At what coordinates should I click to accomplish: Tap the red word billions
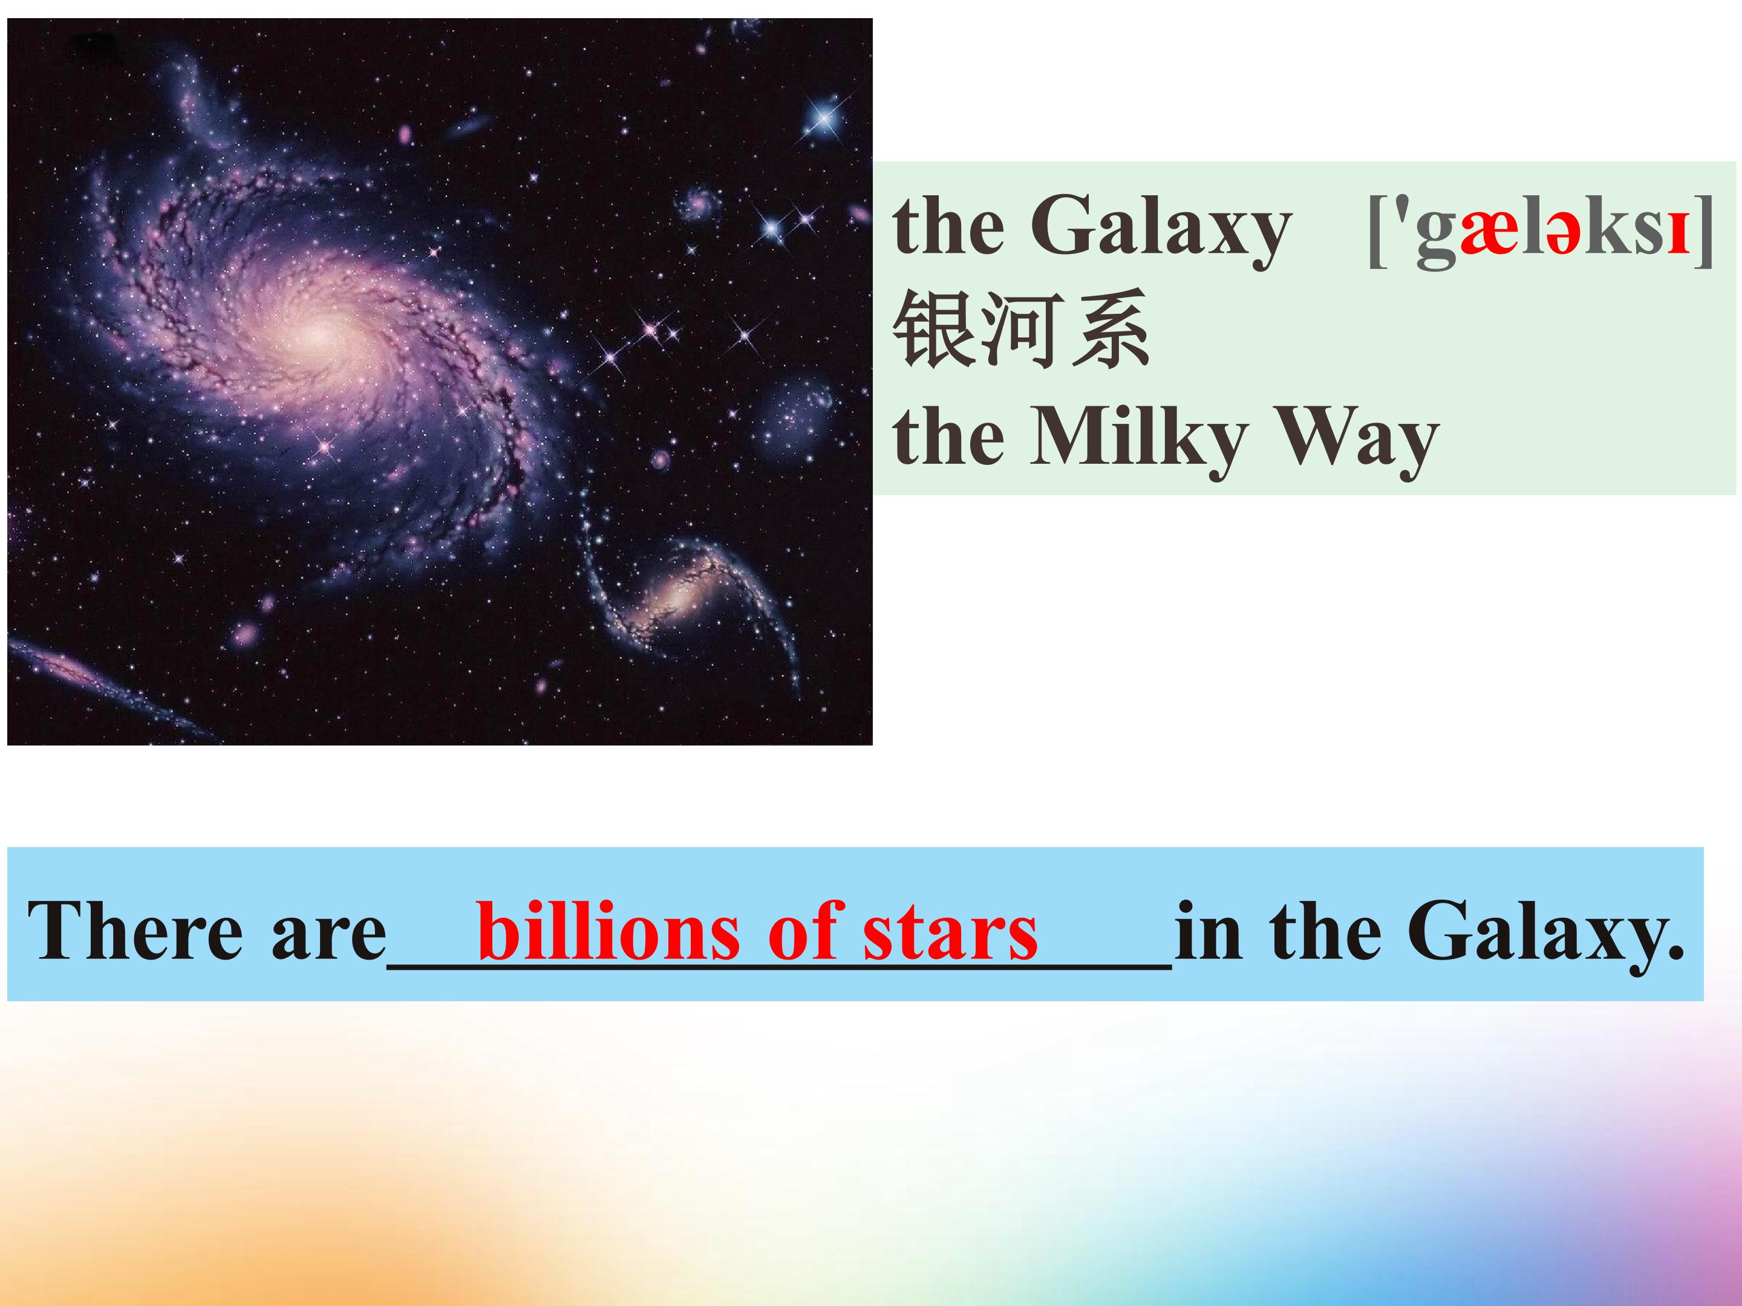[x=608, y=931]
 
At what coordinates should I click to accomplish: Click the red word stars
[x=951, y=935]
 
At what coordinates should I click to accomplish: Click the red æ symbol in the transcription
[x=1489, y=234]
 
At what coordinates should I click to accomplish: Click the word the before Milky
[x=949, y=441]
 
